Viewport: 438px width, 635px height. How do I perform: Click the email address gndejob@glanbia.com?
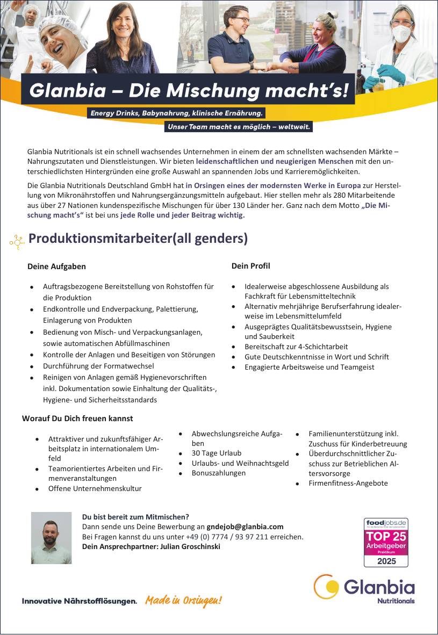tap(245, 526)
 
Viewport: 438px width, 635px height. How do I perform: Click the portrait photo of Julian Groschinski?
tap(51, 538)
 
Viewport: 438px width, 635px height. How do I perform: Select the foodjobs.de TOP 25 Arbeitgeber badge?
tap(386, 542)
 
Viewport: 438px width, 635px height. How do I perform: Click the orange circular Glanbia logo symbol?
tap(326, 586)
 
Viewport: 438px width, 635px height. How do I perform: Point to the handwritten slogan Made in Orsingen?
tap(183, 601)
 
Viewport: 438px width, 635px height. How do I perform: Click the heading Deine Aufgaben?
tap(56, 266)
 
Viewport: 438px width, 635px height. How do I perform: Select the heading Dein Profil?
tap(250, 266)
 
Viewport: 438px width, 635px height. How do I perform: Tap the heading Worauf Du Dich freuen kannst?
tap(77, 418)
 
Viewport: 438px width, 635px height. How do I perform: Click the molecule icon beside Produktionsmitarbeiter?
tap(17, 243)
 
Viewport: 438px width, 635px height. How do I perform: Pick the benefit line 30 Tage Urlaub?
tap(217, 453)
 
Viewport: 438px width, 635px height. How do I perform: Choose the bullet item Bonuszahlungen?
tap(219, 473)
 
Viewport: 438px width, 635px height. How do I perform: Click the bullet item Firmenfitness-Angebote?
tap(348, 483)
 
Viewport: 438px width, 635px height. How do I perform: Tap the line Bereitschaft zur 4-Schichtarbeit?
tap(296, 347)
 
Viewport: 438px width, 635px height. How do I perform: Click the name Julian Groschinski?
tap(189, 546)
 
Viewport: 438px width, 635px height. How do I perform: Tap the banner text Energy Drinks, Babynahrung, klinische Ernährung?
tap(176, 113)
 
